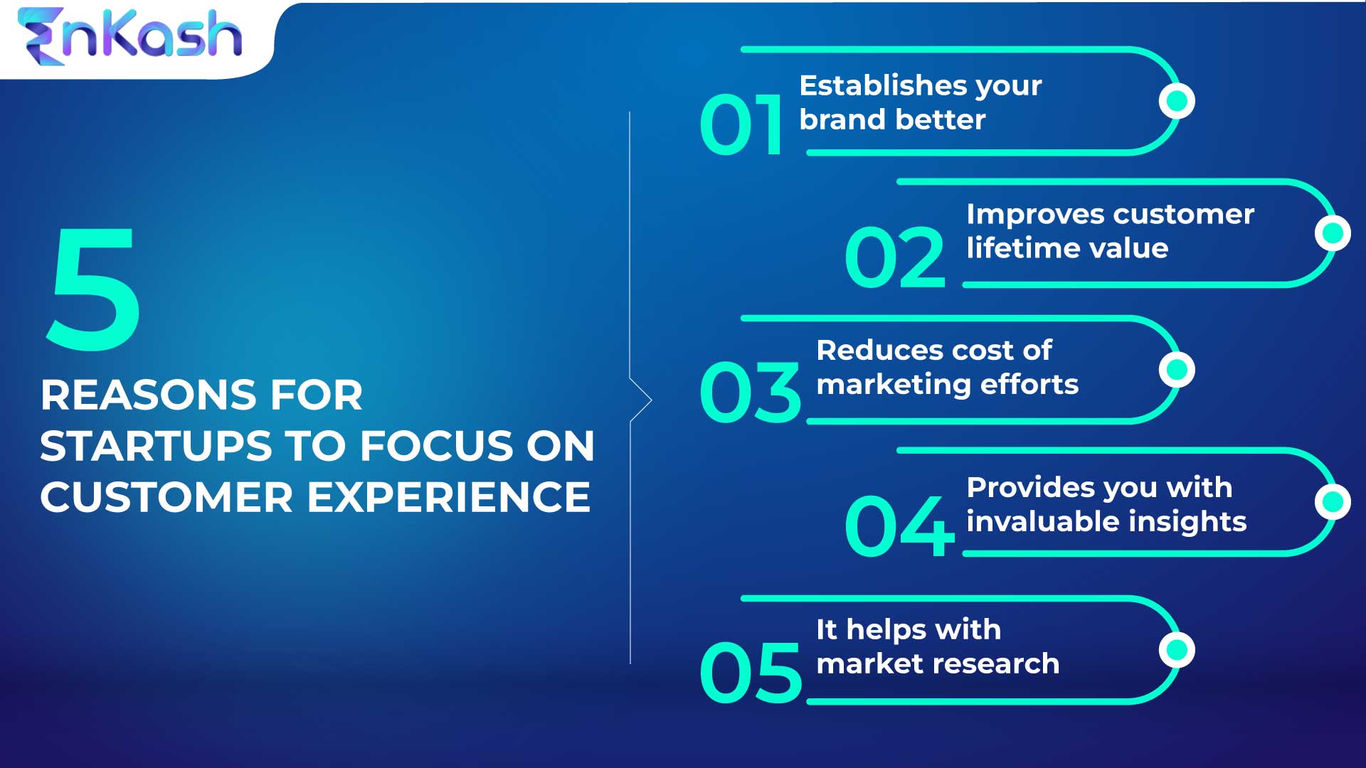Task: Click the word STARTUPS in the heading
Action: pyautogui.click(x=156, y=446)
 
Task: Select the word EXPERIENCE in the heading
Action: pyautogui.click(x=449, y=497)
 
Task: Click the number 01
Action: pyautogui.click(x=741, y=124)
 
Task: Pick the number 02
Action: pyautogui.click(x=894, y=257)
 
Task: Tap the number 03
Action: pyautogui.click(x=750, y=392)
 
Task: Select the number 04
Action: pyautogui.click(x=899, y=526)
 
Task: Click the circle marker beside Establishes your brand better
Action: pyautogui.click(x=1177, y=101)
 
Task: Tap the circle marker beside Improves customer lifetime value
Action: pyautogui.click(x=1333, y=233)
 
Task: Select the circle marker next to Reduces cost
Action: pyautogui.click(x=1177, y=370)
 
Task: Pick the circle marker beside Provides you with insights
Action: pyautogui.click(x=1333, y=502)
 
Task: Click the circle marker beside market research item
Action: pyautogui.click(x=1177, y=650)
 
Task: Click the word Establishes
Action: pyautogui.click(x=882, y=86)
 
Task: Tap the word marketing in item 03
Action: pyautogui.click(x=894, y=385)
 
